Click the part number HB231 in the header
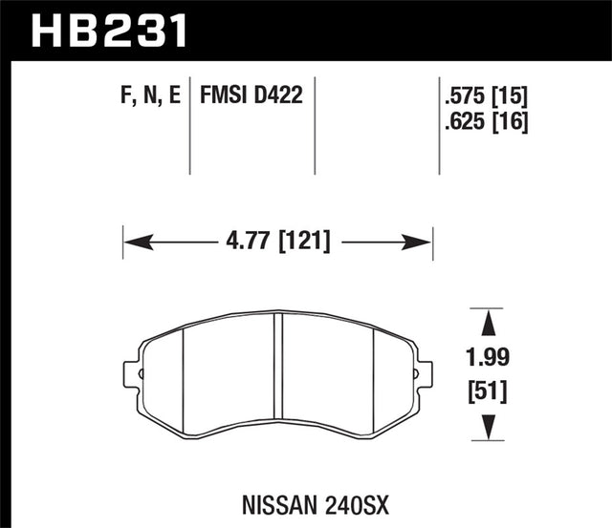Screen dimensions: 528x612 (x=110, y=30)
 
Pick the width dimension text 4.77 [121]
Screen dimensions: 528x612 (x=278, y=242)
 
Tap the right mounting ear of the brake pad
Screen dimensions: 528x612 (x=423, y=371)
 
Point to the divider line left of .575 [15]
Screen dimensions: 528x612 (x=438, y=124)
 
